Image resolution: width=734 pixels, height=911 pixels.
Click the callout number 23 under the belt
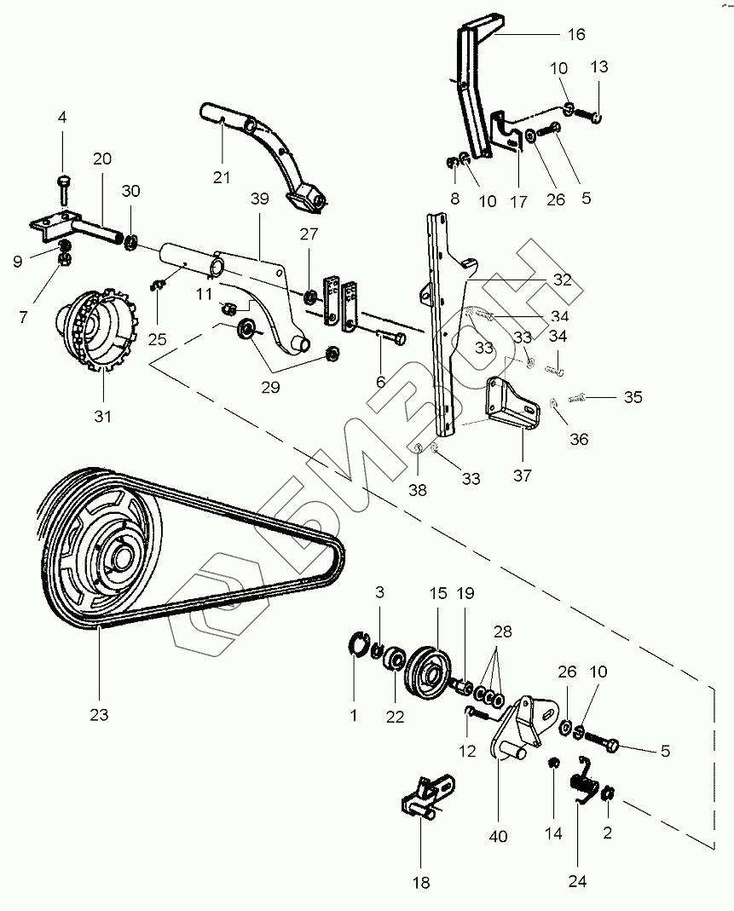coord(100,715)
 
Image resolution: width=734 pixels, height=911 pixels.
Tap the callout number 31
coord(103,418)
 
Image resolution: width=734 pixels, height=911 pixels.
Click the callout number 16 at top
coord(576,35)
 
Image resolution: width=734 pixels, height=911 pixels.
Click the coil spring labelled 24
coord(584,781)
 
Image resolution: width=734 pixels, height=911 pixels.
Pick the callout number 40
coord(498,836)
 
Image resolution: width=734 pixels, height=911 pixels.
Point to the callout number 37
coord(522,476)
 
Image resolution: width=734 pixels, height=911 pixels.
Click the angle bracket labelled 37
coord(509,405)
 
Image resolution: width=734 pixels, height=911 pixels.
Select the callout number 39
coord(259,199)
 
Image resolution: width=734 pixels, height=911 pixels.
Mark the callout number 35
coord(633,397)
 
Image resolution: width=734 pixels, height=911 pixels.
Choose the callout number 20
coord(102,159)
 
